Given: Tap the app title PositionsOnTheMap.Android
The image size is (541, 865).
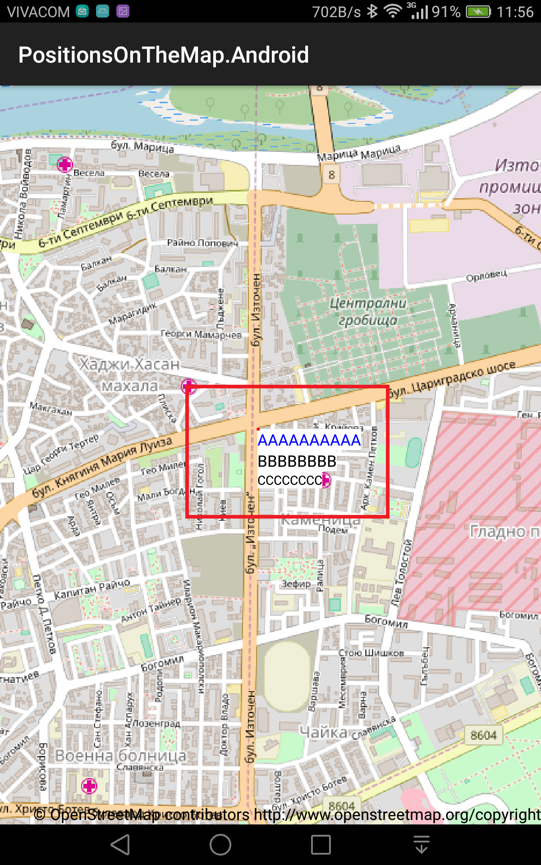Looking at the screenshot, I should click(x=163, y=55).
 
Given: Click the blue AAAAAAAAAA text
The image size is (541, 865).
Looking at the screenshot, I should click(x=309, y=440).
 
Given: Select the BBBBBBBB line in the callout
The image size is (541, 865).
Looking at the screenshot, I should click(x=297, y=461).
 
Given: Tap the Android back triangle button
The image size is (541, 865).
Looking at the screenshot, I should click(x=121, y=844).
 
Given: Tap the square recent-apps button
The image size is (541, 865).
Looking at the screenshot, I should click(x=321, y=844).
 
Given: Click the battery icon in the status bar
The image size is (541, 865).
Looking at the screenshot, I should click(x=478, y=12).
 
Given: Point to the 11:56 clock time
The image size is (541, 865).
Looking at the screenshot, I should click(x=515, y=12).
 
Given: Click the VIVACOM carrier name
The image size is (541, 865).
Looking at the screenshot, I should click(x=39, y=12).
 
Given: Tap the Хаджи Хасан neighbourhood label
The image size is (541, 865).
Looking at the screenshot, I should click(x=129, y=364).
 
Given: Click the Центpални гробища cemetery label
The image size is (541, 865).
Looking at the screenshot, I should click(x=368, y=311).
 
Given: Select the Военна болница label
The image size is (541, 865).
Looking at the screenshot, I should click(x=120, y=756).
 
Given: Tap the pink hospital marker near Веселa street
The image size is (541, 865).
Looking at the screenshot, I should click(x=65, y=164).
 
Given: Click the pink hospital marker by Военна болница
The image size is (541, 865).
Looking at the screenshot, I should click(x=89, y=786).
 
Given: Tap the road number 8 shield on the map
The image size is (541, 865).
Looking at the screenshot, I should click(x=332, y=174).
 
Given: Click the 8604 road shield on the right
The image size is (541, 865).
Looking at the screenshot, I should click(x=483, y=735).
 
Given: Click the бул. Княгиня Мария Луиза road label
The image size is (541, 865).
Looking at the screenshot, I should click(x=102, y=467).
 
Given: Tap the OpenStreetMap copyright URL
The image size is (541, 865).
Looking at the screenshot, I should click(x=397, y=815).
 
